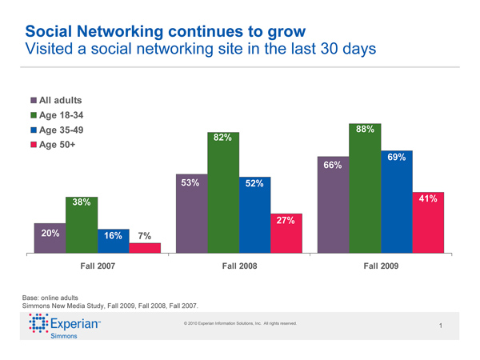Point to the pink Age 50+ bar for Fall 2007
coord(145,247)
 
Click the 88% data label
coord(363,129)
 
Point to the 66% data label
coord(333,165)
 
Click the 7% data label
coord(145,236)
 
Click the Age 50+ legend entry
coord(56,146)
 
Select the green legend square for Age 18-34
coord(33,116)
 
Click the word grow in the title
coord(285,32)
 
